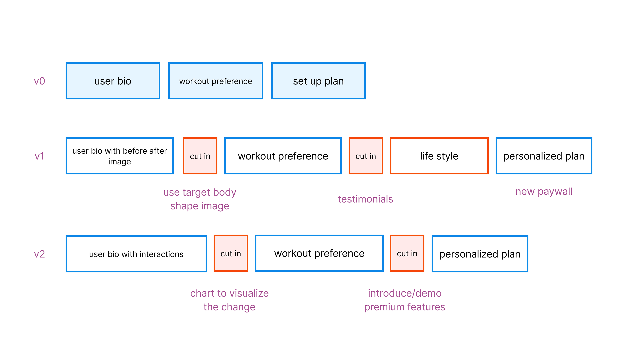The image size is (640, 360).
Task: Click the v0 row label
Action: coord(39,81)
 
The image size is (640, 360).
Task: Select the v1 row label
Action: coord(39,156)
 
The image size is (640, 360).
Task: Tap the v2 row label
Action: coord(39,254)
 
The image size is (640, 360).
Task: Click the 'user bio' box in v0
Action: coord(113,81)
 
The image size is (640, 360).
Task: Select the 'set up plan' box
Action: coord(318,81)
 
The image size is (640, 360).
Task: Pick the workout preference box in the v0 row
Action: coord(215,81)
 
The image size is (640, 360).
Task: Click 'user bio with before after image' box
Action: coord(119,156)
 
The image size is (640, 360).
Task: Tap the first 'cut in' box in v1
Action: coord(200,156)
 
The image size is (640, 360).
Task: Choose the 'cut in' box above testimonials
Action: coord(366,156)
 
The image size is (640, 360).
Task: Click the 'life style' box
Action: coord(439,156)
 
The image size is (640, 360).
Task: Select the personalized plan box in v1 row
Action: coord(544,156)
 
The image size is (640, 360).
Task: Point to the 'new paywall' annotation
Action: coord(544,192)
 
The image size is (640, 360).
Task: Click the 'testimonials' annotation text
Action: coord(365,199)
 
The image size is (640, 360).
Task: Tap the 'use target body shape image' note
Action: coord(200,199)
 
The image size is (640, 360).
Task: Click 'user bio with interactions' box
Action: coord(136,254)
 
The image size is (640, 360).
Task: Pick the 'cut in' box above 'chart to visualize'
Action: coord(231,253)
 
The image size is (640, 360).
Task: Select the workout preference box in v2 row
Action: coord(319,253)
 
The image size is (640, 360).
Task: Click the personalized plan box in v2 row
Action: coord(480,254)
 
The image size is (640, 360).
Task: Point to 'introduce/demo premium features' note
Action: coord(405,300)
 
